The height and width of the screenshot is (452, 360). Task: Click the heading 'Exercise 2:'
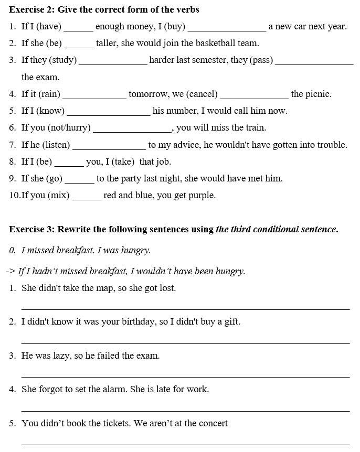[31, 9]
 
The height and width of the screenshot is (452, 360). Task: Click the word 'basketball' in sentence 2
[207, 44]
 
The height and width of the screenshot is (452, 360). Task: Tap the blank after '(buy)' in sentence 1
[227, 27]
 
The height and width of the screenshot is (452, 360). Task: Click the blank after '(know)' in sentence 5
[109, 111]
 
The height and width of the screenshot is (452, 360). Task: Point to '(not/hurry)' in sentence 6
[69, 128]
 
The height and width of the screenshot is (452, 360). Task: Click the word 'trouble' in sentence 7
[331, 145]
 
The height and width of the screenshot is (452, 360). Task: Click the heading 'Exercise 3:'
[31, 229]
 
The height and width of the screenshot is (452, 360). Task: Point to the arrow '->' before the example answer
[10, 272]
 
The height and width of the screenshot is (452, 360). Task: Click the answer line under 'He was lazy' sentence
[185, 376]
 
